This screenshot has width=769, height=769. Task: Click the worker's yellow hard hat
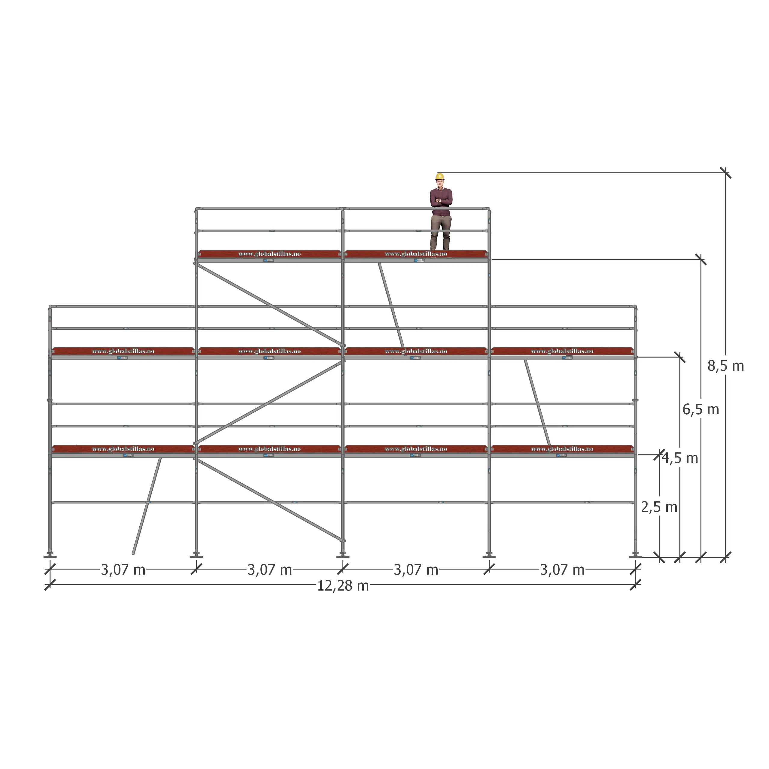pyautogui.click(x=440, y=176)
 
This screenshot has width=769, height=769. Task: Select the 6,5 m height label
pyautogui.click(x=701, y=409)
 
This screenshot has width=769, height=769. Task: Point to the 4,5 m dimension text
pyautogui.click(x=680, y=458)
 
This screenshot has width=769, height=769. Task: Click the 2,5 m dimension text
pyautogui.click(x=659, y=507)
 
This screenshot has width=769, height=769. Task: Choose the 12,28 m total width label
pyautogui.click(x=343, y=586)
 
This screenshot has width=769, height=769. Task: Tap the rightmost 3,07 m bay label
pyautogui.click(x=562, y=570)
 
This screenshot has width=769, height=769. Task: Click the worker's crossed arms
pyautogui.click(x=441, y=201)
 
